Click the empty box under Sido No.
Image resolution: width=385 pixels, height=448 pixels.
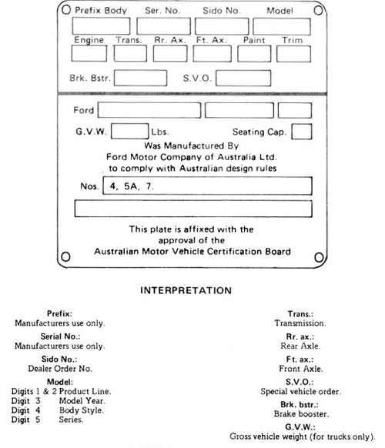tap(222, 26)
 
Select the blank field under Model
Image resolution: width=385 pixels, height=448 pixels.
tap(282, 27)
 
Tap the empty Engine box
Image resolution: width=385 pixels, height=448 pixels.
tap(89, 53)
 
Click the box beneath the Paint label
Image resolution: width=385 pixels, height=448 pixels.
tap(254, 54)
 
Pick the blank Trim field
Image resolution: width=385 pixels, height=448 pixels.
tap(293, 54)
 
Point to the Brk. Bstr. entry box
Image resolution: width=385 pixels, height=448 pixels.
tap(140, 78)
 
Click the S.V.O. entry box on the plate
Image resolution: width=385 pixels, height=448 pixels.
tap(243, 78)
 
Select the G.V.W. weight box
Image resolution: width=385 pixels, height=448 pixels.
tap(130, 131)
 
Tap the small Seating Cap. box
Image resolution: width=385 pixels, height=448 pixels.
tap(302, 132)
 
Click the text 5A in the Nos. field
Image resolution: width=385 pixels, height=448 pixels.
tap(131, 186)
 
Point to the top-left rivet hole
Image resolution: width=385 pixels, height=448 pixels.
tap(66, 10)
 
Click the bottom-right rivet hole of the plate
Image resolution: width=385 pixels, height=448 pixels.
tap(319, 257)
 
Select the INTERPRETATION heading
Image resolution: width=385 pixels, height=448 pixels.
tap(186, 290)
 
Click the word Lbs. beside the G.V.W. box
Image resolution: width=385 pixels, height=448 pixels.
tap(160, 132)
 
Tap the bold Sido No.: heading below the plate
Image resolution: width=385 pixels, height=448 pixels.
tap(59, 359)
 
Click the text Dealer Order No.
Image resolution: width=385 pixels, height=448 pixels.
tap(60, 369)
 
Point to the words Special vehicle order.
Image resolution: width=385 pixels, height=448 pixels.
tap(300, 392)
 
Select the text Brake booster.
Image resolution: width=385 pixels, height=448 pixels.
tap(301, 413)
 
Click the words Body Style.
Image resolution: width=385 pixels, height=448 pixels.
tap(82, 410)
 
